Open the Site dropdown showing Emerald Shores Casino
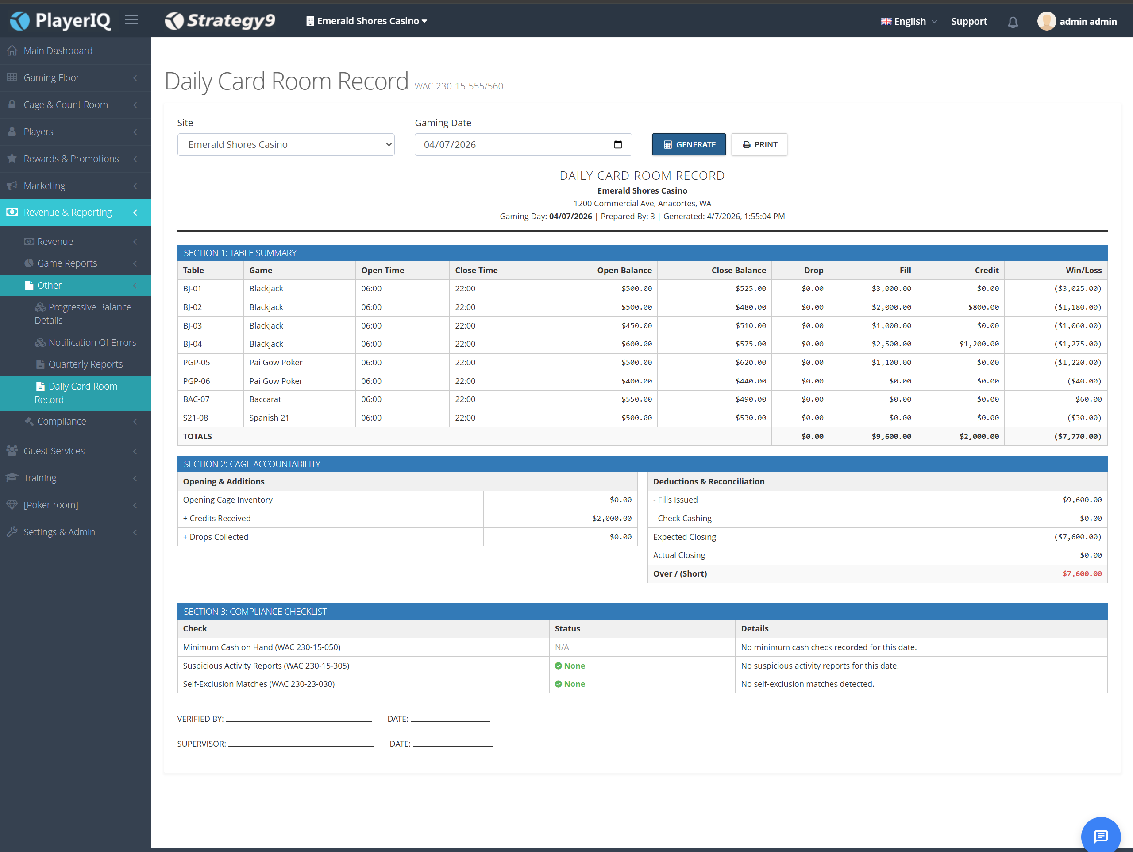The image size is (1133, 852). [286, 144]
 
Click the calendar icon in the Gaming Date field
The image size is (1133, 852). [618, 144]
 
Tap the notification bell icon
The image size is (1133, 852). [1013, 22]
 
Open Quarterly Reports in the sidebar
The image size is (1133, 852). [85, 364]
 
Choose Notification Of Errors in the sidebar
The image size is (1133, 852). [86, 342]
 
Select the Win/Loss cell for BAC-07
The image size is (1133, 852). [1088, 399]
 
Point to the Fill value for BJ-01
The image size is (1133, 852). [891, 289]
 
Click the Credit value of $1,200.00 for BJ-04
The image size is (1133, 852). [979, 344]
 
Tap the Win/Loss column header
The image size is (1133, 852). [1083, 270]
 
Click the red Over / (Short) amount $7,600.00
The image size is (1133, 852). [1082, 573]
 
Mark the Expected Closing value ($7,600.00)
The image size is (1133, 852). [1078, 537]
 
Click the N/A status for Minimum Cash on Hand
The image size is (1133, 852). [562, 647]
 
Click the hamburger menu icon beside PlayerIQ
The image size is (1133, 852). [131, 20]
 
